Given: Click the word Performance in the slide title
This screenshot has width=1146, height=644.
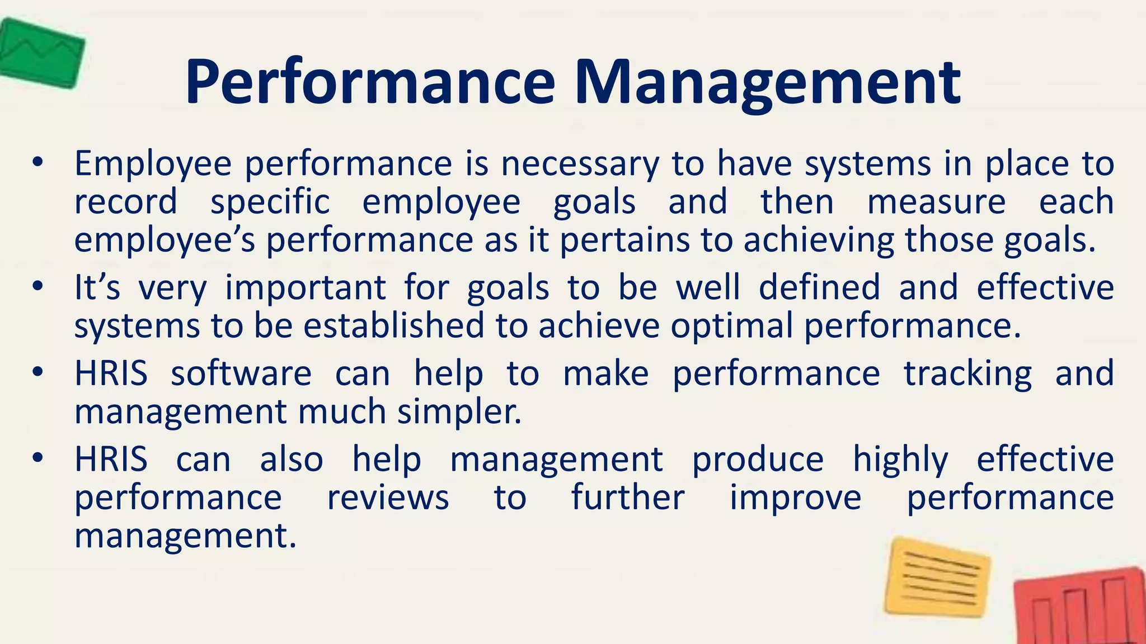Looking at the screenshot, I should [370, 82].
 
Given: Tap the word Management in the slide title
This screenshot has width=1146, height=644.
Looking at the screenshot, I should [767, 82].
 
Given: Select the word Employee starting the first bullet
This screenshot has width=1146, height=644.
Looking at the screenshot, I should [153, 164].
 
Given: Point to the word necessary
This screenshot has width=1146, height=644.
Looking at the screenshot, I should [580, 164].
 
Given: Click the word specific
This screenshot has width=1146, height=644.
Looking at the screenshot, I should [270, 202].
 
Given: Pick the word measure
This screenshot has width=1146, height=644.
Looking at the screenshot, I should [936, 202].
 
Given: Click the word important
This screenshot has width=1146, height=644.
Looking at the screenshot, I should [306, 287].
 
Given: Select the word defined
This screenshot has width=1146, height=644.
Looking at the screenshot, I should [819, 287].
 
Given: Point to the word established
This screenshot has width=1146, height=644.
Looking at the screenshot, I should [393, 325].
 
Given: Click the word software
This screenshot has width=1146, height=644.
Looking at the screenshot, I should [241, 373].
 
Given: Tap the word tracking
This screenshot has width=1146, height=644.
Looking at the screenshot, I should [967, 373].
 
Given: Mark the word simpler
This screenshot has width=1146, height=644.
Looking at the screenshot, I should [459, 412].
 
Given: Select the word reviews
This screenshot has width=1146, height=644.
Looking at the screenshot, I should [388, 498].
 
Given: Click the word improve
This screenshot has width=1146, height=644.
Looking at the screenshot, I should [795, 498].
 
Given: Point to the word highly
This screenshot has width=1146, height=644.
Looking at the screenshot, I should [900, 460].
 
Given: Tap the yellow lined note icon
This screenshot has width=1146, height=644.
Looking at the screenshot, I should [937, 577].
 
